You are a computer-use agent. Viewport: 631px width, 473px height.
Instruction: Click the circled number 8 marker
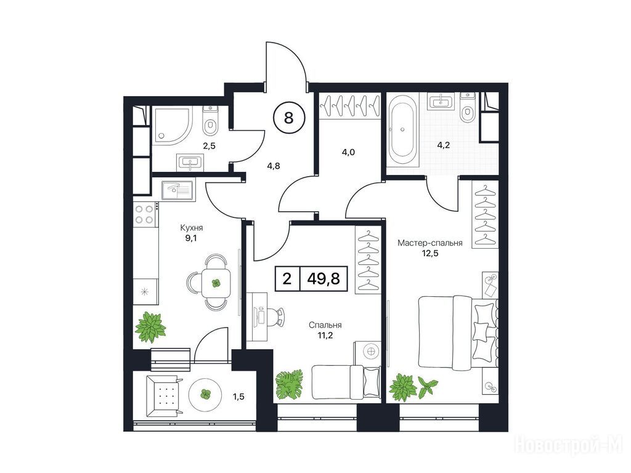(x=289, y=118)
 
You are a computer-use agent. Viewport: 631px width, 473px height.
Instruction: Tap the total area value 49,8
(x=323, y=278)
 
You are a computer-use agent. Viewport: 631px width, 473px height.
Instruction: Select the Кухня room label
(x=192, y=228)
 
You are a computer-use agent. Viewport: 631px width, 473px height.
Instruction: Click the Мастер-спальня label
(x=429, y=243)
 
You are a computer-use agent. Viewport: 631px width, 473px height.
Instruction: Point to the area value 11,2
(x=325, y=335)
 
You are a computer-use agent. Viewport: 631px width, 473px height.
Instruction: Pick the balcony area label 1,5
(x=238, y=397)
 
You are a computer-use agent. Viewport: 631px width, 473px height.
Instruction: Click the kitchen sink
(x=177, y=190)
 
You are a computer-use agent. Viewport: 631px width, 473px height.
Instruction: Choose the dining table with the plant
(x=216, y=283)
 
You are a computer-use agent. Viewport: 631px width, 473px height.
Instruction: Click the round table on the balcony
(x=205, y=394)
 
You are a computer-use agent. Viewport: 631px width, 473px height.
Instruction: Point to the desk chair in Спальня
(x=277, y=317)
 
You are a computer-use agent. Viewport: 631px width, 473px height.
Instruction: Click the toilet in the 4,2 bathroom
(x=467, y=108)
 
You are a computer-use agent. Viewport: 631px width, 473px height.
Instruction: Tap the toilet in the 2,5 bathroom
(x=210, y=121)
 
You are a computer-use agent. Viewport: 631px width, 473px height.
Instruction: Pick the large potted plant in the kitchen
(x=150, y=328)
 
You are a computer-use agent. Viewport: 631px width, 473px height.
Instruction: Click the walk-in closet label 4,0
(x=348, y=153)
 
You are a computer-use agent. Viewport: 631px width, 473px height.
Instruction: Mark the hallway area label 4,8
(x=273, y=165)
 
